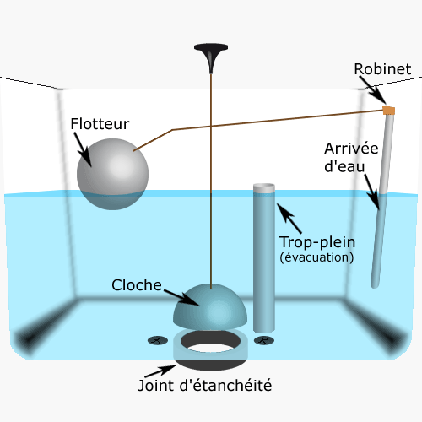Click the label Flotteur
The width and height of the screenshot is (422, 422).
(100, 124)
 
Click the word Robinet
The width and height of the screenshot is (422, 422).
(382, 69)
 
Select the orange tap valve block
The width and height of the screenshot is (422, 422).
(389, 111)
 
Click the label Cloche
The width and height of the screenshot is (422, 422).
(137, 285)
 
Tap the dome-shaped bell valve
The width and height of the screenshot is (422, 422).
(210, 306)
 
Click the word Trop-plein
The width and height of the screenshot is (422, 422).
(317, 242)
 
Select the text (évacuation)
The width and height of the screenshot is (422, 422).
(316, 257)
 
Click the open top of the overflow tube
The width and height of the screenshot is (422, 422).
(264, 187)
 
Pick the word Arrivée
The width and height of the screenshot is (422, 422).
(351, 149)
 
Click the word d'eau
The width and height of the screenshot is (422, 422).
(344, 166)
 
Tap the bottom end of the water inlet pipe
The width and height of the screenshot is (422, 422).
(375, 284)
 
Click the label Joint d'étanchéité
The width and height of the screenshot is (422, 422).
(205, 386)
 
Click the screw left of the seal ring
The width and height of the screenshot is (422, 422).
(158, 341)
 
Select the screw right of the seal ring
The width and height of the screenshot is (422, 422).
(264, 341)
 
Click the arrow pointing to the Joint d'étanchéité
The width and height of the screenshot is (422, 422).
(160, 371)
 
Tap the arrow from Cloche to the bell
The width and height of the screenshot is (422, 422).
(181, 297)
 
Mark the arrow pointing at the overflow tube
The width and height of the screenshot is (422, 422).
(289, 219)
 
